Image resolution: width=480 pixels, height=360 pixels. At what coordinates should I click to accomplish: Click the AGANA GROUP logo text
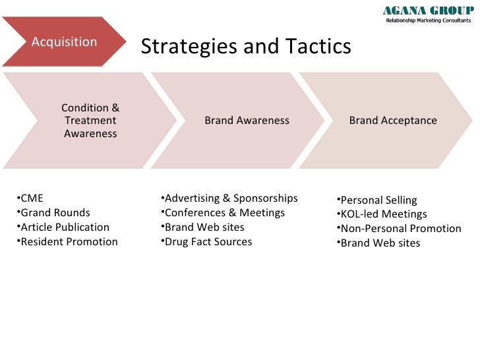pyautogui.click(x=428, y=10)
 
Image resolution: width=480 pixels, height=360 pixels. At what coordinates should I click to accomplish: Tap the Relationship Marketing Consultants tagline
pyautogui.click(x=429, y=20)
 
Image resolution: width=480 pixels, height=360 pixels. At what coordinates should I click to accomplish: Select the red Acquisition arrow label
pyautogui.click(x=65, y=42)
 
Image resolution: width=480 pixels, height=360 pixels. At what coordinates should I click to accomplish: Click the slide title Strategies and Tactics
pyautogui.click(x=246, y=46)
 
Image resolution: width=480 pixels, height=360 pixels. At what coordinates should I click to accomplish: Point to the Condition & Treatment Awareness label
pyautogui.click(x=90, y=121)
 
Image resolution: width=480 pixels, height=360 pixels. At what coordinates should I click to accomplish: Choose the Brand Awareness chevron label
pyautogui.click(x=247, y=121)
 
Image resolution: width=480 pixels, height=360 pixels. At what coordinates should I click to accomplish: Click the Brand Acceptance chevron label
pyautogui.click(x=392, y=121)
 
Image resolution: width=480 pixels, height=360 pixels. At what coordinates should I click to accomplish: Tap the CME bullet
pyautogui.click(x=32, y=198)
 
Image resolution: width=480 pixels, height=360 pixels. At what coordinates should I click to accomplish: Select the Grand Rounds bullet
pyautogui.click(x=55, y=212)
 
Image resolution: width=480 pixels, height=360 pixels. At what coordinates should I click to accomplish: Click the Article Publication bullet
pyautogui.click(x=65, y=227)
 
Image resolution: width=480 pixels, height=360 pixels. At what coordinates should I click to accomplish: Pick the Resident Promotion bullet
pyautogui.click(x=69, y=241)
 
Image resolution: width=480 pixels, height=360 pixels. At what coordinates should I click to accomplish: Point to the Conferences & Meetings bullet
pyautogui.click(x=224, y=212)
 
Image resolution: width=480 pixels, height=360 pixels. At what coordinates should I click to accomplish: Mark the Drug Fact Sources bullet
pyautogui.click(x=208, y=241)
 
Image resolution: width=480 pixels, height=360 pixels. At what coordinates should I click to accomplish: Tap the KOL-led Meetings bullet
pyautogui.click(x=383, y=214)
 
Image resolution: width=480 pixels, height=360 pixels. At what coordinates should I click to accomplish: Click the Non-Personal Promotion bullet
pyautogui.click(x=400, y=229)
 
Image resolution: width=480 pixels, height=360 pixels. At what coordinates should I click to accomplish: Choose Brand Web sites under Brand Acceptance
pyautogui.click(x=380, y=243)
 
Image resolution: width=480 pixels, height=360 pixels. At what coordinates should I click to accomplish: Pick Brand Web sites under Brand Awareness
pyautogui.click(x=204, y=227)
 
